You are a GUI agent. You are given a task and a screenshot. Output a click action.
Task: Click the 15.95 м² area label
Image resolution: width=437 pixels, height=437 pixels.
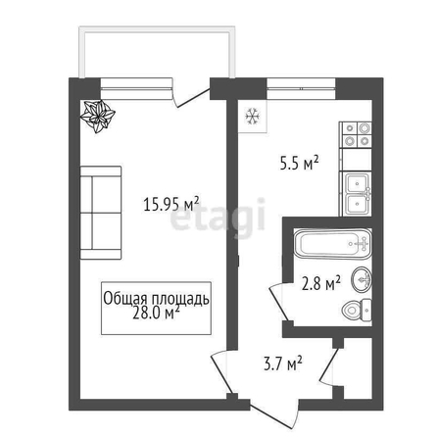point(171,204)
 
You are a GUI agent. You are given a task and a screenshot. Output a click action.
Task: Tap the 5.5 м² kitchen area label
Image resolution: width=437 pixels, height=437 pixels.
point(299,164)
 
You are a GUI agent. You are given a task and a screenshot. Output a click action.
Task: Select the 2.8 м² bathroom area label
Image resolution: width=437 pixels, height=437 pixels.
point(321,283)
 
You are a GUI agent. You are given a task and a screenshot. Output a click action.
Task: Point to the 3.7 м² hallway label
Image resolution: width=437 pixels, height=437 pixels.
point(283,364)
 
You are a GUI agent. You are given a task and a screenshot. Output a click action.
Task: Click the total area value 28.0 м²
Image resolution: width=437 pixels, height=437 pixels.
point(156,314)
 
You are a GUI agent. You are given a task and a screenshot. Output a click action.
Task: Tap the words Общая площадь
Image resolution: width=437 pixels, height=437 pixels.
point(156,298)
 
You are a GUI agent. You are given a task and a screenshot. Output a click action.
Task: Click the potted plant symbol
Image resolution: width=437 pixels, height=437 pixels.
point(98,117)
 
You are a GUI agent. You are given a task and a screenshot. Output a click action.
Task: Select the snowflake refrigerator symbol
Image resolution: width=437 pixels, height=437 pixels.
point(253,117)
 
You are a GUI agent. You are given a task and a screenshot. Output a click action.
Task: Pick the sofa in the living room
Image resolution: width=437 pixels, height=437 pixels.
point(101,213)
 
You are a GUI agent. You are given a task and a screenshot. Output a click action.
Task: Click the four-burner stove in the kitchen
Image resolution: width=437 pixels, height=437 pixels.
point(357,134)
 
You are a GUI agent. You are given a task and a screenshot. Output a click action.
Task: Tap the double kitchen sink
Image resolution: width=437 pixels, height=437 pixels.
point(358,195)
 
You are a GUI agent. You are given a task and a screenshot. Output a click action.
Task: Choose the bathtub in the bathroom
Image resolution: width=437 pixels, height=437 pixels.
point(332,244)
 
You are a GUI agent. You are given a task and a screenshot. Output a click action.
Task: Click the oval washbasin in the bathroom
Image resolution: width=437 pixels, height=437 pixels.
point(362,279)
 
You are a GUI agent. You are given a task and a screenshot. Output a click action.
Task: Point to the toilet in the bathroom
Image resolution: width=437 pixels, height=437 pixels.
point(357,310)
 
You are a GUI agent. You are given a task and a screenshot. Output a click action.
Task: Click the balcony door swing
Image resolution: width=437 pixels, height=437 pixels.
point(191,97)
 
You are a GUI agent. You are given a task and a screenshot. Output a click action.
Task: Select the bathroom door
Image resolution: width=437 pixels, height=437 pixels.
point(278,302)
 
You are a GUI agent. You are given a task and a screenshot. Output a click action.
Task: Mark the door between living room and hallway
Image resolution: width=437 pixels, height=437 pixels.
point(222,372)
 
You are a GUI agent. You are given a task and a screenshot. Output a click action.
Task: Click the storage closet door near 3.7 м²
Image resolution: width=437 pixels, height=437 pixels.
point(328,367)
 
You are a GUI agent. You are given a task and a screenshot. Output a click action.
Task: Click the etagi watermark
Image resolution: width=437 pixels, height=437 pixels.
point(218,218)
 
